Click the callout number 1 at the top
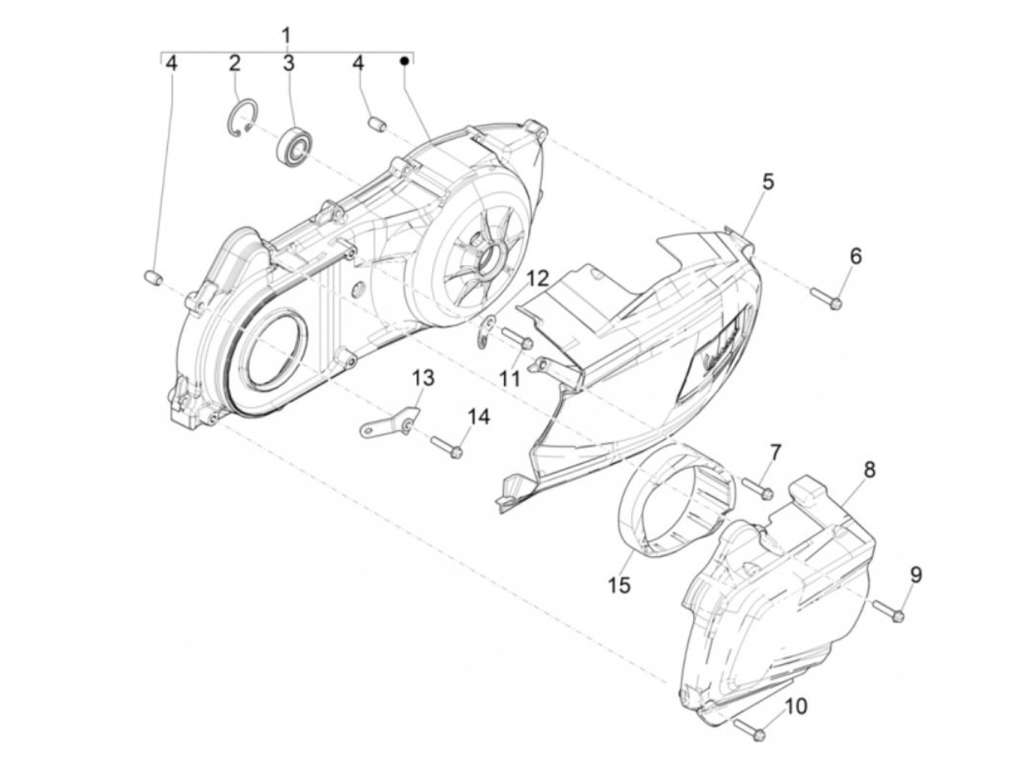(x=286, y=34)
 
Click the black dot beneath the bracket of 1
(x=403, y=62)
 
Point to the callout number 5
(x=767, y=182)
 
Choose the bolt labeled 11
(x=517, y=338)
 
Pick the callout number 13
(x=423, y=379)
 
